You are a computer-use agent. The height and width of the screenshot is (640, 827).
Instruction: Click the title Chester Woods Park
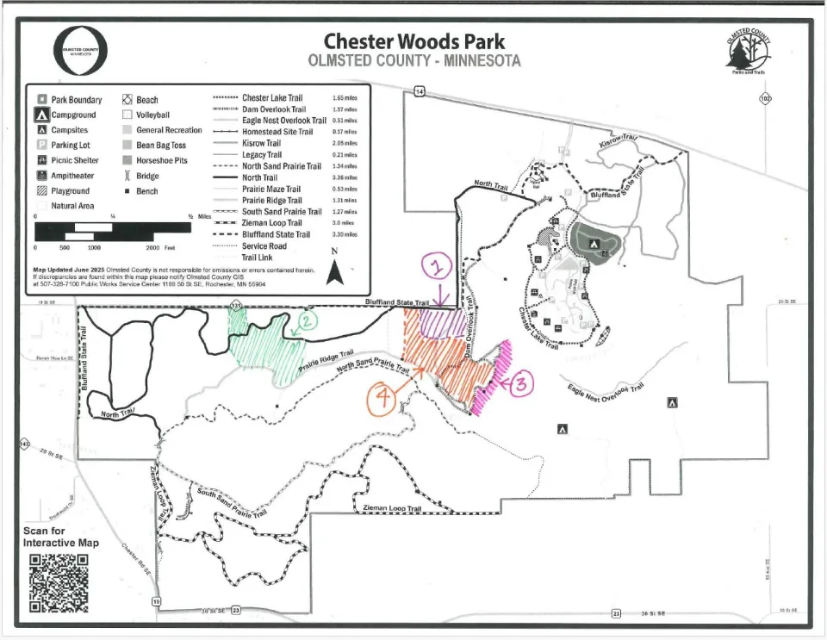413,41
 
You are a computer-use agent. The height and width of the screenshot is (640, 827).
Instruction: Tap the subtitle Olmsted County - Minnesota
413,61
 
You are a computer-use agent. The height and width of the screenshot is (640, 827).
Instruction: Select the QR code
59,582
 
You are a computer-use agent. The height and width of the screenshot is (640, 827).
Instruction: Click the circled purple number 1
438,267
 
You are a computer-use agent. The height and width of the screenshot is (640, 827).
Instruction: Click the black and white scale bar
112,231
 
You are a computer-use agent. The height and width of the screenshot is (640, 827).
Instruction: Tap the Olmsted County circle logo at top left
80,49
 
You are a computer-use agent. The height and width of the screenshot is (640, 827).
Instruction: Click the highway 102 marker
765,99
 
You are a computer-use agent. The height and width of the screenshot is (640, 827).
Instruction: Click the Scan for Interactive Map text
60,537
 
